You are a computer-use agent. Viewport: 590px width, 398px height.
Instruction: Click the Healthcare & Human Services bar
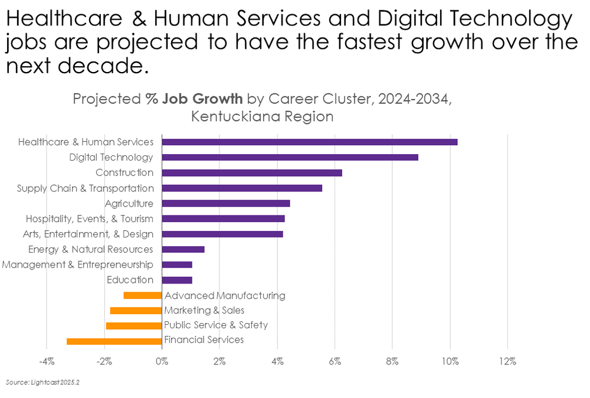309,142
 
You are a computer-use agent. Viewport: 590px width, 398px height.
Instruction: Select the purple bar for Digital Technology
290,157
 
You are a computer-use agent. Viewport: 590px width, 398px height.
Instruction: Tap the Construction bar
252,172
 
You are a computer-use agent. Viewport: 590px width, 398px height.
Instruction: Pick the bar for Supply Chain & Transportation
242,188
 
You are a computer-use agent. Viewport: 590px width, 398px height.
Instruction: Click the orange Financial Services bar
114,341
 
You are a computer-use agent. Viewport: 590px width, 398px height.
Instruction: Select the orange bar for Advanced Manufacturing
142,295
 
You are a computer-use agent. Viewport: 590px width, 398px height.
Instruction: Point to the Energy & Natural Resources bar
183,249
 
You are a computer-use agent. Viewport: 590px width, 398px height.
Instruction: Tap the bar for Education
177,280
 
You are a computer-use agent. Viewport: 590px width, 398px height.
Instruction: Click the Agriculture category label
129,203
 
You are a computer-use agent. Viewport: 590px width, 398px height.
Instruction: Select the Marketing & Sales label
204,310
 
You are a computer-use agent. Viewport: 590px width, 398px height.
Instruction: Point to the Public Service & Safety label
216,325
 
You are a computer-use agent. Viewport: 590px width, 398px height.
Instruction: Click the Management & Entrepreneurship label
77,265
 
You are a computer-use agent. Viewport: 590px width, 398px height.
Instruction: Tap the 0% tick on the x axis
161,361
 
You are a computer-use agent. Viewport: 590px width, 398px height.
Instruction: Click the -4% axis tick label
47,361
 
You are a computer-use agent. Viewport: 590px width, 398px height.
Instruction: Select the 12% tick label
507,361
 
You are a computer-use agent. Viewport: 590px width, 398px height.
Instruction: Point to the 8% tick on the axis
392,361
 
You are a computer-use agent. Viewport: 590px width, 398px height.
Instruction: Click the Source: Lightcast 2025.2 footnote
42,383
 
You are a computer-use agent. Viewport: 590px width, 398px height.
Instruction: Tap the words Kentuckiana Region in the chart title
262,116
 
